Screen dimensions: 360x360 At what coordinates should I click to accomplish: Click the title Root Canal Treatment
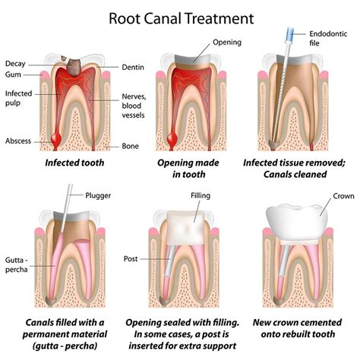click(x=180, y=16)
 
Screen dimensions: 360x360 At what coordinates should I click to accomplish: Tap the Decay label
click(x=15, y=63)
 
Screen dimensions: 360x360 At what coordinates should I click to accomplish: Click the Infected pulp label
click(x=17, y=97)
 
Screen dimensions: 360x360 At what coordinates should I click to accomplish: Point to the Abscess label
click(x=18, y=141)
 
